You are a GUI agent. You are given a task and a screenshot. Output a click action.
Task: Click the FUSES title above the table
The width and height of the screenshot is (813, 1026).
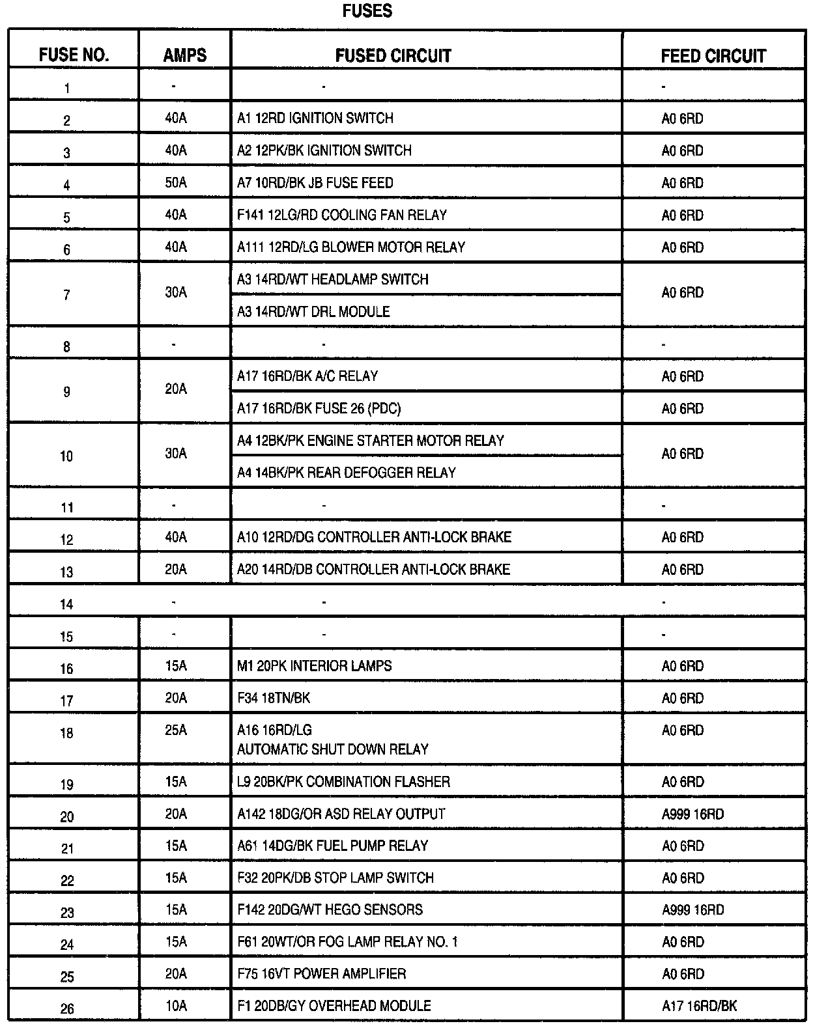click(x=367, y=11)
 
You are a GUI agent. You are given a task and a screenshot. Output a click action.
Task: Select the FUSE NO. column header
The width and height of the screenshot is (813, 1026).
click(x=74, y=55)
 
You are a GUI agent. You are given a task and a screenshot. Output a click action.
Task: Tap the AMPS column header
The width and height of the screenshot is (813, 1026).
click(x=185, y=55)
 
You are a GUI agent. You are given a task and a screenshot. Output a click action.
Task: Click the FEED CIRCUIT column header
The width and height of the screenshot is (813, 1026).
click(x=713, y=56)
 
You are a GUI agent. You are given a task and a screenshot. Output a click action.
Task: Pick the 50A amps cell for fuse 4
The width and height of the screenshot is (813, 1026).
click(x=176, y=183)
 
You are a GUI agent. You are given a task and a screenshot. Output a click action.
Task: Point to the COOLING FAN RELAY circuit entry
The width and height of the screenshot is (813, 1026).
click(x=342, y=215)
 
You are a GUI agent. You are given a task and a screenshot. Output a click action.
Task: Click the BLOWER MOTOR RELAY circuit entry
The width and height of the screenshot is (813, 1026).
click(x=351, y=247)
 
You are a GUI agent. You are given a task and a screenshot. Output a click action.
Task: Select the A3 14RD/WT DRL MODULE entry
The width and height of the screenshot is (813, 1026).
click(x=313, y=312)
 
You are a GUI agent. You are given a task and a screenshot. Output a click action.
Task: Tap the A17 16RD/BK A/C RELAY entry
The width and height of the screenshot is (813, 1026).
click(x=307, y=376)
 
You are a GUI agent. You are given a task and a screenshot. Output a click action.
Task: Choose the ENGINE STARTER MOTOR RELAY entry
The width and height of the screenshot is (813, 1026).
click(x=371, y=441)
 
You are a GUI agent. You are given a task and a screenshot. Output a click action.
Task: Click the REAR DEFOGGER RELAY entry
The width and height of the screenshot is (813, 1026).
click(x=347, y=473)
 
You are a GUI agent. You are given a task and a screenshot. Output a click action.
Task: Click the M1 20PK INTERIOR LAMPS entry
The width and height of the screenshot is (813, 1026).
click(x=315, y=666)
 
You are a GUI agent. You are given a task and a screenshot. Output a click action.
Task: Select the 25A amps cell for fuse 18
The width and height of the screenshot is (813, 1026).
click(x=176, y=730)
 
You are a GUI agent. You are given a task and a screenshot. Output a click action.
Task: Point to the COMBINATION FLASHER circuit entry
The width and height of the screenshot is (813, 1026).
click(x=343, y=782)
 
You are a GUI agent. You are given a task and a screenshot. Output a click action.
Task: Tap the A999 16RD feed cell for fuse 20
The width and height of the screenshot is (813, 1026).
click(x=692, y=814)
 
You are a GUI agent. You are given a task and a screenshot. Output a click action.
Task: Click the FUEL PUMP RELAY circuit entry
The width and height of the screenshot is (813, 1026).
click(x=332, y=846)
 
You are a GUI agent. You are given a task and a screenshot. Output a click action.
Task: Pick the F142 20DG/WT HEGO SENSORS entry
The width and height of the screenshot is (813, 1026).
click(x=330, y=910)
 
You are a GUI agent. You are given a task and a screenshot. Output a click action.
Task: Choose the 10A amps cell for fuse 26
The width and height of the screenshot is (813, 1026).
click(x=176, y=1006)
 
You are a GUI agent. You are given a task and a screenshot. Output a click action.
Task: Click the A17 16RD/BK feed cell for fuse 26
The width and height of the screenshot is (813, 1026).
click(x=699, y=1006)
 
